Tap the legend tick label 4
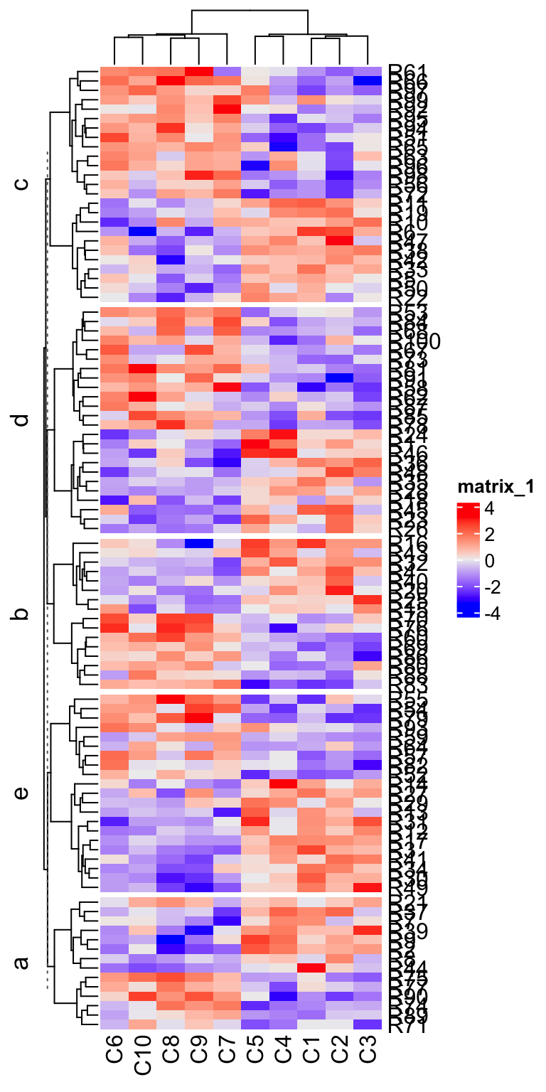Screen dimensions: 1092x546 491,510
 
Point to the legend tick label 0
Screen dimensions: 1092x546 491,561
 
